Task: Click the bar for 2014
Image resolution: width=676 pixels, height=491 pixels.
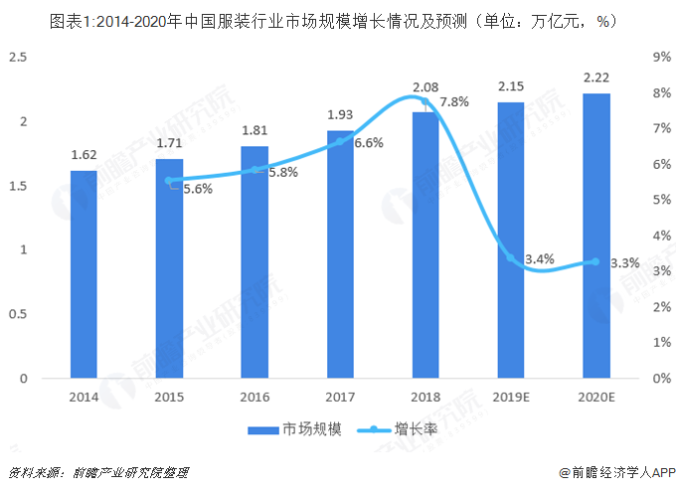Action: point(84,274)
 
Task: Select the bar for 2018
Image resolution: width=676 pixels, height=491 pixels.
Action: point(424,245)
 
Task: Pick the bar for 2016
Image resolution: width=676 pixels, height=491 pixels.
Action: point(254,262)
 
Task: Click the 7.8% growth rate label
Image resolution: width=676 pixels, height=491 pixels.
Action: point(454,102)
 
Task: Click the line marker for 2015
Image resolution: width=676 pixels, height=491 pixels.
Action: point(169,181)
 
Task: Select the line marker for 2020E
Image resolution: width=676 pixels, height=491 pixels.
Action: point(594,261)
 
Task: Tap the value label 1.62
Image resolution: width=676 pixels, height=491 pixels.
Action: point(84,155)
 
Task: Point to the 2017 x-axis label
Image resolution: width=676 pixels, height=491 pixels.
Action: point(339,397)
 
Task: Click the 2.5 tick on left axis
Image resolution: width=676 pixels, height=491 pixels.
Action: point(17,58)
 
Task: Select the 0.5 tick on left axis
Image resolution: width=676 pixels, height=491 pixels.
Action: point(17,314)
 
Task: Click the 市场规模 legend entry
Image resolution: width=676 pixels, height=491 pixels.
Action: point(294,430)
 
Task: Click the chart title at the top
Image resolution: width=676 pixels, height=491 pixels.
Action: point(338,20)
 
